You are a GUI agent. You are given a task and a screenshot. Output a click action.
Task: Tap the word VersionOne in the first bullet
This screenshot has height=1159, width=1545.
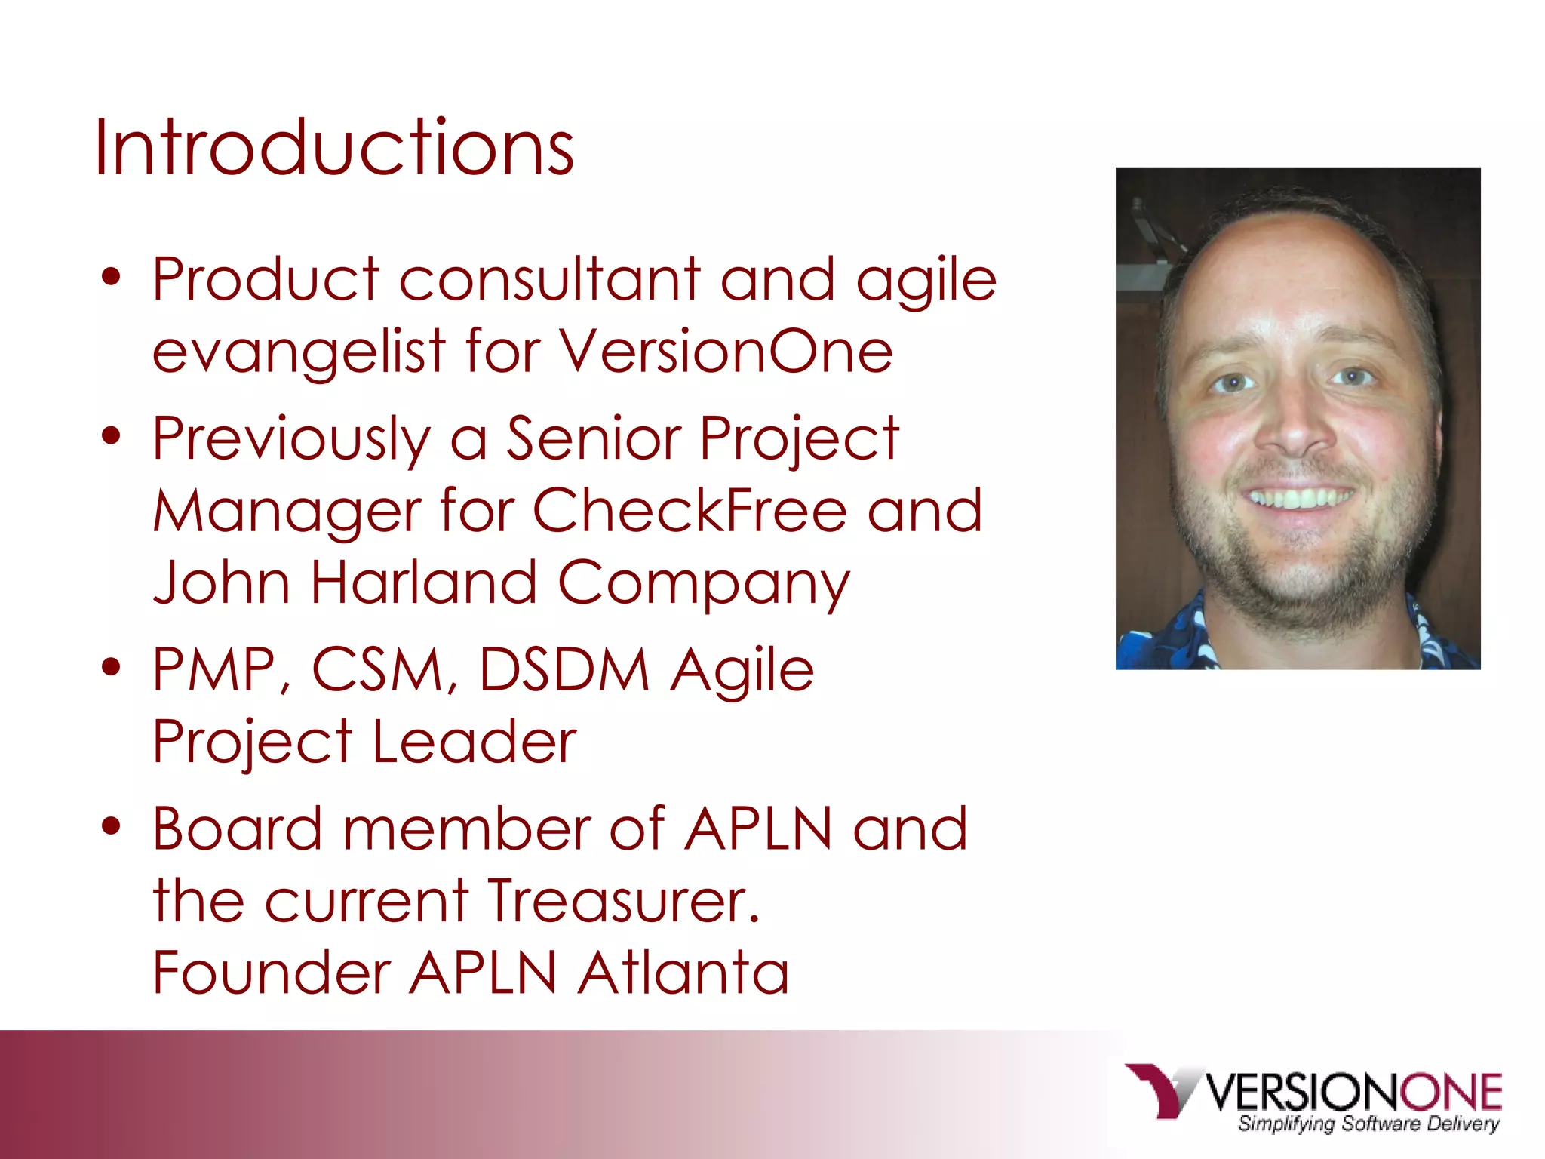click(726, 352)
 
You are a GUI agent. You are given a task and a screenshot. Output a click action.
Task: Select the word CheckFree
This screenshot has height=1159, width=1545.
click(690, 510)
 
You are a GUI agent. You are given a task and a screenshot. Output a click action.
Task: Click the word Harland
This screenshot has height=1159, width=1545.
click(423, 583)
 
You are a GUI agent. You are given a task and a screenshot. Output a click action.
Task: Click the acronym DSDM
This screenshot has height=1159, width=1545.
click(564, 670)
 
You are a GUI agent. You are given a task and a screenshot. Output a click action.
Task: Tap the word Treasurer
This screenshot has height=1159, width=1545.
click(623, 901)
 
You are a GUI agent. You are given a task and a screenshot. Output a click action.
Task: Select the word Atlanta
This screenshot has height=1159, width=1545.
click(683, 973)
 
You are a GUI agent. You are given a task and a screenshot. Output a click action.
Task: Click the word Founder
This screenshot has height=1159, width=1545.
click(272, 973)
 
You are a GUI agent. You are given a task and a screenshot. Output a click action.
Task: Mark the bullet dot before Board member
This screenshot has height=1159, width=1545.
click(112, 825)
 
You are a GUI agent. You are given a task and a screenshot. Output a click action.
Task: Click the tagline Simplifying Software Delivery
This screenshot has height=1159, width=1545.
click(1368, 1124)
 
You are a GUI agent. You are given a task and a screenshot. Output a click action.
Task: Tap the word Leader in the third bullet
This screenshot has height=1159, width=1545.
click(475, 742)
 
